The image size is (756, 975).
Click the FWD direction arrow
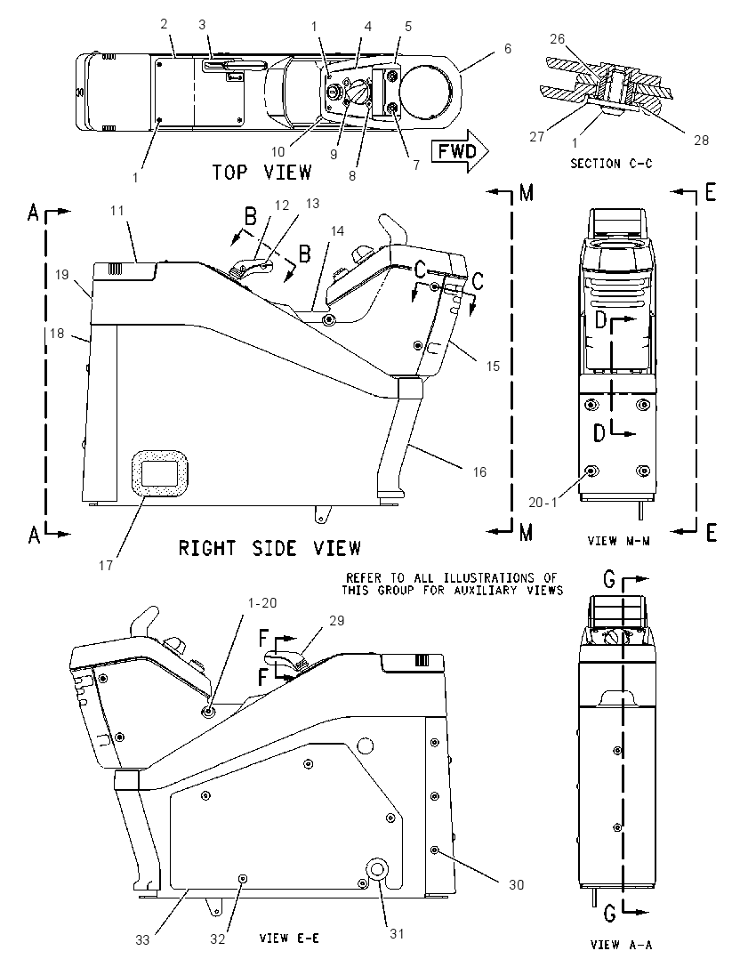(461, 151)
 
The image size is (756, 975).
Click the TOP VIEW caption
(261, 173)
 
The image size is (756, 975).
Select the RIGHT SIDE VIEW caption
(269, 548)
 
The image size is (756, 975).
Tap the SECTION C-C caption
(612, 164)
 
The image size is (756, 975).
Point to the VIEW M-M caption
(619, 541)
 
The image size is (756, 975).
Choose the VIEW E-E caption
(289, 938)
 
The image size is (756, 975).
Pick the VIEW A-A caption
(621, 945)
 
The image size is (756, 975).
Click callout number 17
(106, 565)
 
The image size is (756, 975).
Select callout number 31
(397, 933)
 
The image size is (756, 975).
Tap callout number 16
(479, 472)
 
